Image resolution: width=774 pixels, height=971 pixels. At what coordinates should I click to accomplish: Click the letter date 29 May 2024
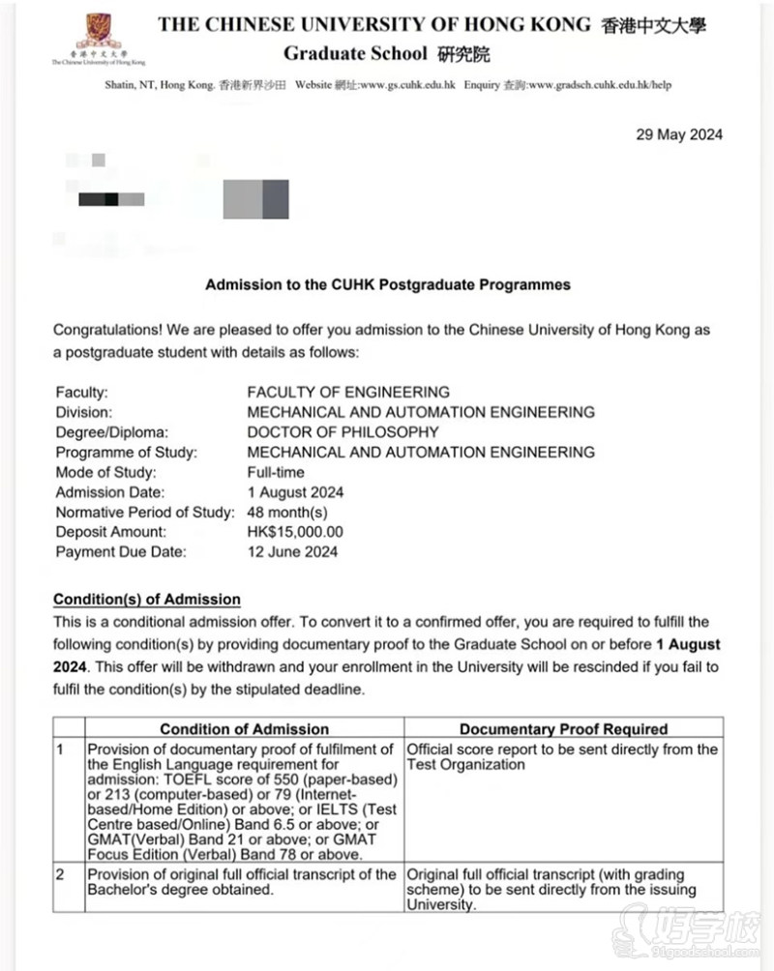coord(678,134)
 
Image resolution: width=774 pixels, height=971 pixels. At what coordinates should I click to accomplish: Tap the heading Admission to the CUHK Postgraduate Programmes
coord(388,285)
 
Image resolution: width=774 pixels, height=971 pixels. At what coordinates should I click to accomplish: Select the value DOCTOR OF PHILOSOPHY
coord(342,432)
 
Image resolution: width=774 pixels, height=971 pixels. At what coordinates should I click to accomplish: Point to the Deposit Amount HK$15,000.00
coord(295,532)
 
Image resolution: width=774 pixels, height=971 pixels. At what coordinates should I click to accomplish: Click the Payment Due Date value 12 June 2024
coord(293,552)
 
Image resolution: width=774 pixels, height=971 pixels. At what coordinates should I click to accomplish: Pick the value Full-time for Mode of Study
coord(276,472)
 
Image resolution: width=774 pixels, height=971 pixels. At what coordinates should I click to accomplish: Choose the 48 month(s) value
coord(287,512)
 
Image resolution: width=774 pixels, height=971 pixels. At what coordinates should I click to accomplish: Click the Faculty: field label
coord(82,393)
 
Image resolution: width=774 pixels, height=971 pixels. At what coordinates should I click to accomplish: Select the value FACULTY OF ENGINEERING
coord(348,393)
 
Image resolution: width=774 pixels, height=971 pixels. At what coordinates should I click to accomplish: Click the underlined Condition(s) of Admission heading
coord(147,600)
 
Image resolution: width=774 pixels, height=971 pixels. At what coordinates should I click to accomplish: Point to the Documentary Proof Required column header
coord(563,728)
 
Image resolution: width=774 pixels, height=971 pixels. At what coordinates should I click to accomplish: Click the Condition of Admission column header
coord(244,728)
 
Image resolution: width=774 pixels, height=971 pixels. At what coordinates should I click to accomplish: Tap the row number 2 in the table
coord(61,874)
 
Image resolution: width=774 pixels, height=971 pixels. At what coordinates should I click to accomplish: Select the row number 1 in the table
coord(61,750)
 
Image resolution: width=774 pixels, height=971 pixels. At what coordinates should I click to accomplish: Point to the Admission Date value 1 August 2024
coord(295,492)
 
